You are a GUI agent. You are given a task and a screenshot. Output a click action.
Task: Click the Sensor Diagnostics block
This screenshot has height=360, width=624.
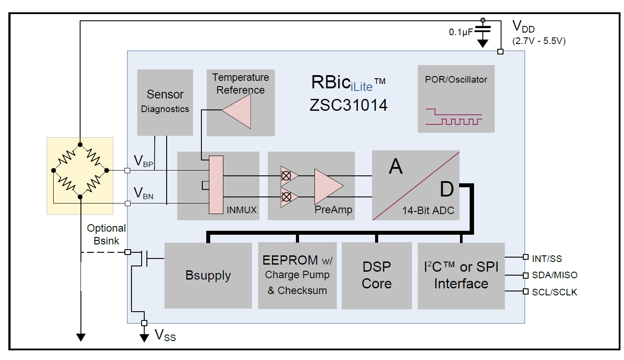pyautogui.click(x=165, y=102)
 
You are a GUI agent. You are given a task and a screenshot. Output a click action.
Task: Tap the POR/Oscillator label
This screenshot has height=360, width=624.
pyautogui.click(x=456, y=80)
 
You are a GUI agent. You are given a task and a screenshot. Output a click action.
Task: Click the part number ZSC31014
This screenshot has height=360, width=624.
pyautogui.click(x=349, y=105)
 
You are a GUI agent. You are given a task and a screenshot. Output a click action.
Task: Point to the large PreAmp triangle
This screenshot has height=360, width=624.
pyautogui.click(x=327, y=186)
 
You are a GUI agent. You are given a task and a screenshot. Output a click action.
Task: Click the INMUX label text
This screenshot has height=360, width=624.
pyautogui.click(x=241, y=210)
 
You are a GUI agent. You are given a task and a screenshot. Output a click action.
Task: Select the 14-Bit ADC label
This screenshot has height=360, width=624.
pyautogui.click(x=428, y=211)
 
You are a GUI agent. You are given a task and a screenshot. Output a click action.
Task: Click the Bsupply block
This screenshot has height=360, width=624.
pyautogui.click(x=208, y=276)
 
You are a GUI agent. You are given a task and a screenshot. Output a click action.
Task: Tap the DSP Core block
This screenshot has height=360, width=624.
pyautogui.click(x=376, y=276)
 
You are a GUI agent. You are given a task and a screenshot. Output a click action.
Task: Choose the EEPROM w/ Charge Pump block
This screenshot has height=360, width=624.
pyautogui.click(x=297, y=276)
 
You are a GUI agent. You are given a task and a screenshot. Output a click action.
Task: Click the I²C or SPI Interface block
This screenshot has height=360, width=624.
pyautogui.click(x=461, y=276)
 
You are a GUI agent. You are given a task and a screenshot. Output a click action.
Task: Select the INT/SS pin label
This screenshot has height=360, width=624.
pyautogui.click(x=547, y=259)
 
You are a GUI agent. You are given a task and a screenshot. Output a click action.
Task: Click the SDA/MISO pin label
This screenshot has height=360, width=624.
pyautogui.click(x=555, y=275)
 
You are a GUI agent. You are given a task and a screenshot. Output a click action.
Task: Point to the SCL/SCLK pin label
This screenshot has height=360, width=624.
pyautogui.click(x=554, y=292)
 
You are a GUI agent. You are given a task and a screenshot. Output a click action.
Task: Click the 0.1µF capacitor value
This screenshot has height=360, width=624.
pyautogui.click(x=460, y=32)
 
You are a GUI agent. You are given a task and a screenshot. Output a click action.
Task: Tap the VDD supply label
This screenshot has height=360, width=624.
pyautogui.click(x=523, y=27)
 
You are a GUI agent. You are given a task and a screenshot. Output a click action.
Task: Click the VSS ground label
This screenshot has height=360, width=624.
pyautogui.click(x=165, y=336)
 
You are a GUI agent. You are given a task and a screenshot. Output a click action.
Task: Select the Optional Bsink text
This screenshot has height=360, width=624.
pyautogui.click(x=106, y=234)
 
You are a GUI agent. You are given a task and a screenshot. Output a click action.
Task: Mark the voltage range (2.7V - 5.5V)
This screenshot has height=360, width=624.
pyautogui.click(x=539, y=41)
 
